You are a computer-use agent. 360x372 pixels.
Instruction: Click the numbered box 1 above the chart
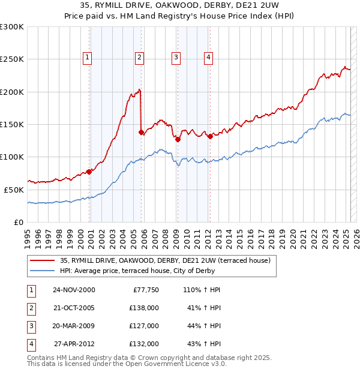[88, 58]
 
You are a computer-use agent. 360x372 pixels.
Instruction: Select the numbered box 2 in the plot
[139, 58]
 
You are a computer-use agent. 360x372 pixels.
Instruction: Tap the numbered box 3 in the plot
[176, 58]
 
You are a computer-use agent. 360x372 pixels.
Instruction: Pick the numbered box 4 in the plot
[208, 58]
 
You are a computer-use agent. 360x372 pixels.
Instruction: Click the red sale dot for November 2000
[89, 172]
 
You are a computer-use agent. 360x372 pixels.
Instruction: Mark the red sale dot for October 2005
[141, 132]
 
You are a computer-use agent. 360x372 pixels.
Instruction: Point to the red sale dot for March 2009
[178, 139]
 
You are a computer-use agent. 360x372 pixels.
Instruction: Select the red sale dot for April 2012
[211, 136]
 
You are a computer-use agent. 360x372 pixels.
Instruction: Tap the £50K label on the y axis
[14, 190]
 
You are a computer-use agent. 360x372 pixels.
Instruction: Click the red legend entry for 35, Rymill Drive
[165, 260]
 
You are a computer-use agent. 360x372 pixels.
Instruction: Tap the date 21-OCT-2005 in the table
[74, 308]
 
